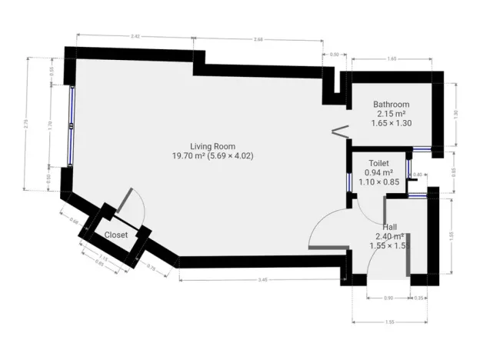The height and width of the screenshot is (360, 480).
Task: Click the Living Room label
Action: (213, 146)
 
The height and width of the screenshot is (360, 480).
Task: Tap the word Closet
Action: (116, 235)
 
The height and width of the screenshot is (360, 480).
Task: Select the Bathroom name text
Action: (391, 104)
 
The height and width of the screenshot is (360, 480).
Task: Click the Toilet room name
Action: (378, 164)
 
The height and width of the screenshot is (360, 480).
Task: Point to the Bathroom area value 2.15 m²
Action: (391, 113)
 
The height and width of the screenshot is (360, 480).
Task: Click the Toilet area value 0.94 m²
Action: (378, 173)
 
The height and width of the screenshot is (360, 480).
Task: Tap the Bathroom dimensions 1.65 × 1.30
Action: (391, 122)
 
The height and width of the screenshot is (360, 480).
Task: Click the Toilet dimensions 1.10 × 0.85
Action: (378, 182)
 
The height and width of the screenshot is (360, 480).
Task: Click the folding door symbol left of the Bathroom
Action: (337, 132)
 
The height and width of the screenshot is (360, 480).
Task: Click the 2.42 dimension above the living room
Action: (135, 36)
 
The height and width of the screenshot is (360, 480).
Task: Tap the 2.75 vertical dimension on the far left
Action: (27, 123)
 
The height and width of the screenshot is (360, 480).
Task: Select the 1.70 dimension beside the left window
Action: (51, 123)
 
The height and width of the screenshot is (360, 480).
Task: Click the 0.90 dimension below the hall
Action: (388, 298)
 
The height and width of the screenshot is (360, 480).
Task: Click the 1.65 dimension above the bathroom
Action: (392, 58)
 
